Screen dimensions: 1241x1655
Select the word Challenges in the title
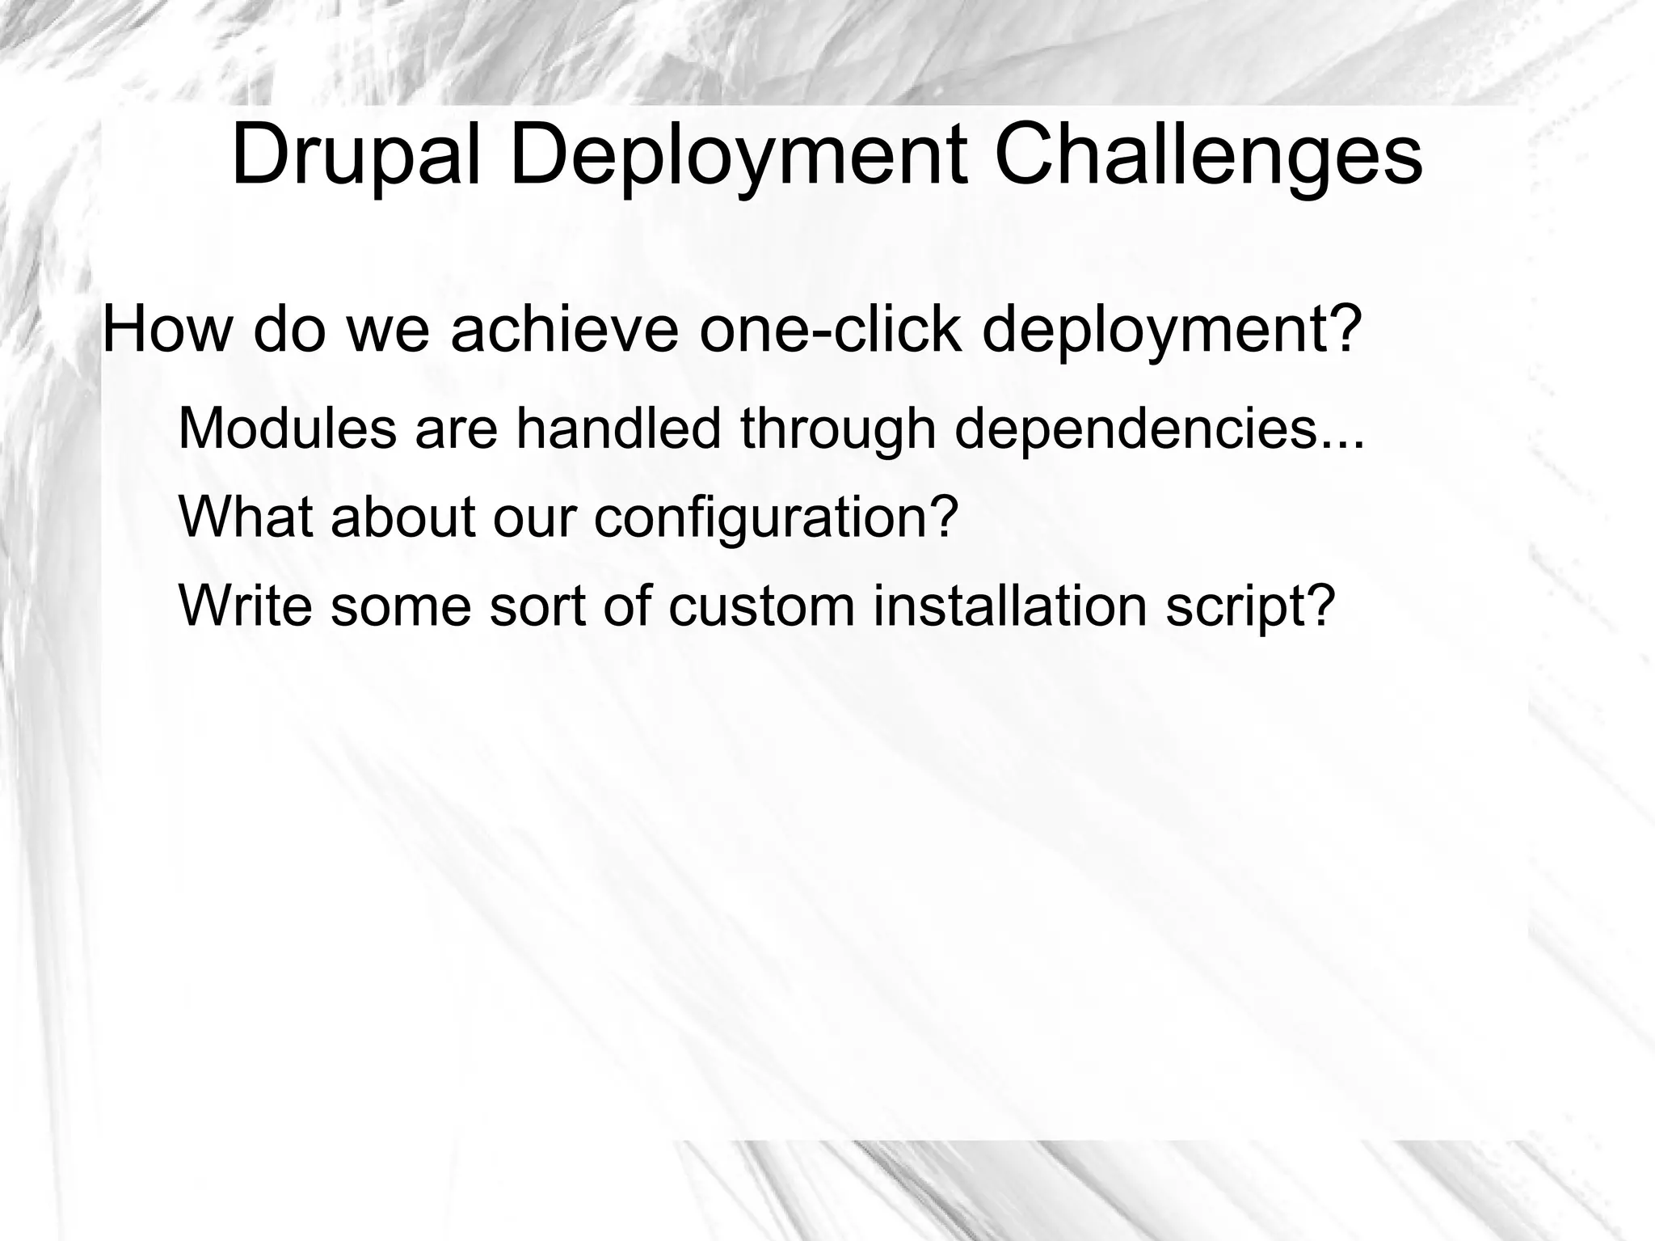(1207, 156)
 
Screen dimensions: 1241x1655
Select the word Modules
(288, 428)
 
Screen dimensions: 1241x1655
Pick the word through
(838, 430)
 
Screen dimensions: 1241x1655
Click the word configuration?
(776, 519)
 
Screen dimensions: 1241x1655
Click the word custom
(761, 607)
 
